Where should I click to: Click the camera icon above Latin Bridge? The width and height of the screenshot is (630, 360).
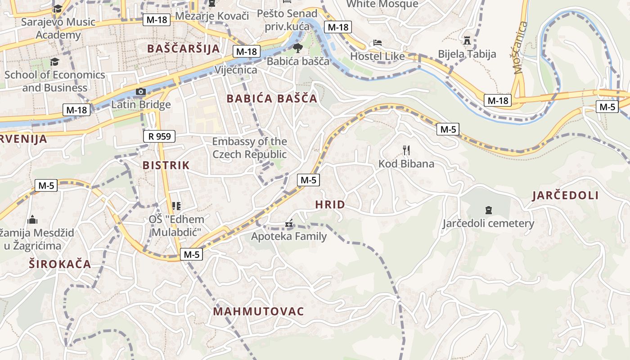141,92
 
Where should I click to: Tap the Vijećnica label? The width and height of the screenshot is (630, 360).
236,70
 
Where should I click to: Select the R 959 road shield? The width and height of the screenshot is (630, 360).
159,136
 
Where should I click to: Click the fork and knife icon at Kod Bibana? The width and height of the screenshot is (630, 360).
406,150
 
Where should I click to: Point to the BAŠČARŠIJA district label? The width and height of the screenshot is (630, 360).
184,49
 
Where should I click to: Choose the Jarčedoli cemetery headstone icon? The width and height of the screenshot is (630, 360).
488,210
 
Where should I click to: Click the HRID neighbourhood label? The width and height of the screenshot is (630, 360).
330,205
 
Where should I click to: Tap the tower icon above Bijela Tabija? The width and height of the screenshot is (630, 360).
467,40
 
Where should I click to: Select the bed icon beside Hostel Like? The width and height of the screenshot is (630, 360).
378,43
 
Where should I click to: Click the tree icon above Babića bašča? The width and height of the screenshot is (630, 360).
297,48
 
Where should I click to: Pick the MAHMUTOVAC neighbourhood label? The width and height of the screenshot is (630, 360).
258,311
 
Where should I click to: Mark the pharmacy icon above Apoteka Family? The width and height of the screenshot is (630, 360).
289,223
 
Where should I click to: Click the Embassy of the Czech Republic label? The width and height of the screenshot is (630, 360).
249,148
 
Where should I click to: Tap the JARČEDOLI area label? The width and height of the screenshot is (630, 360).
565,195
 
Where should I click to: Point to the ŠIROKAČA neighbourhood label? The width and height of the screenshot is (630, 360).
60,264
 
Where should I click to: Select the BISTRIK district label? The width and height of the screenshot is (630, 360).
166,165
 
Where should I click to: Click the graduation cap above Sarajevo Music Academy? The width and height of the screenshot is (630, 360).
58,9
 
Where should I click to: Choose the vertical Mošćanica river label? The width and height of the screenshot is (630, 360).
519,47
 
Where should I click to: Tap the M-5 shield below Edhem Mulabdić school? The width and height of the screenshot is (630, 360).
192,255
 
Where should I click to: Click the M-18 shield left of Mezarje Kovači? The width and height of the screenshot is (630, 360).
157,20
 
